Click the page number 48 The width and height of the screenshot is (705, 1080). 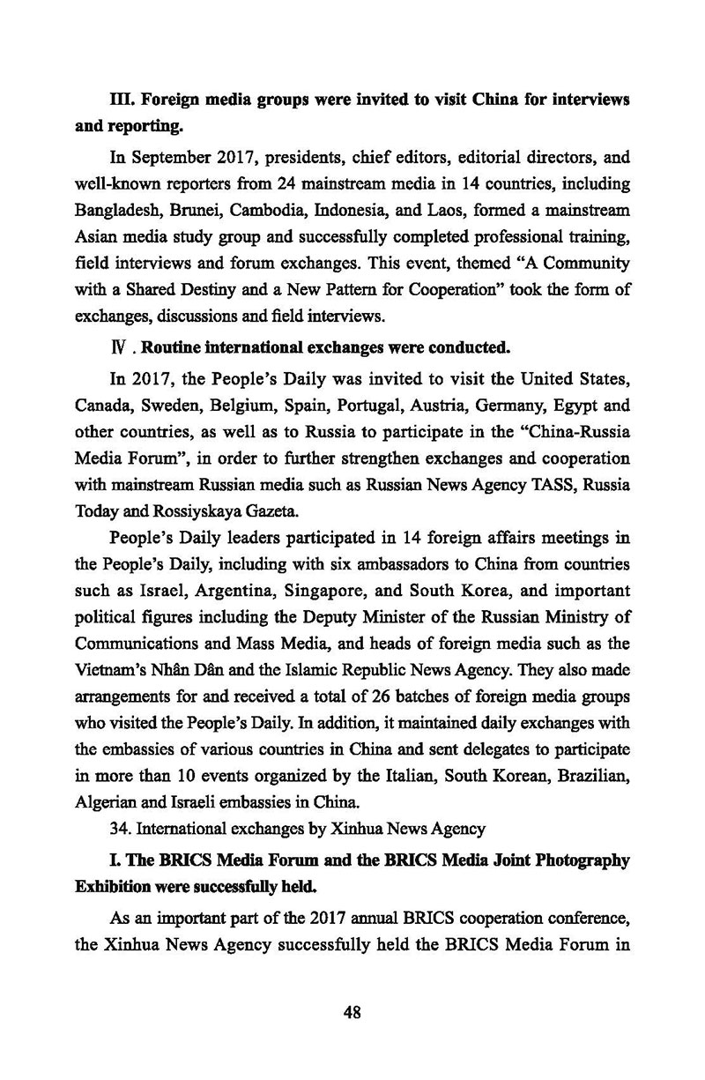(352, 1012)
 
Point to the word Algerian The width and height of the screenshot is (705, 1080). (100, 802)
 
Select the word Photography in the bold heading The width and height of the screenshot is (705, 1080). (578, 860)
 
